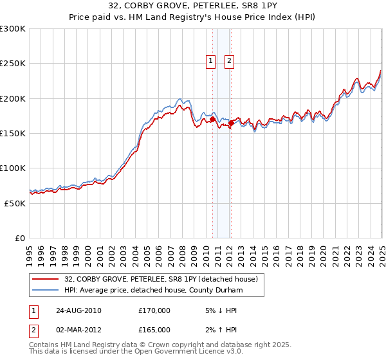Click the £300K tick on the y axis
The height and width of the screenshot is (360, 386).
pyautogui.click(x=13, y=29)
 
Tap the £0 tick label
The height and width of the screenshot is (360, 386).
pyautogui.click(x=21, y=238)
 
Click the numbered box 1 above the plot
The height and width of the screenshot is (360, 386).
pyautogui.click(x=210, y=62)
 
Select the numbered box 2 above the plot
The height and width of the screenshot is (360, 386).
pyautogui.click(x=229, y=62)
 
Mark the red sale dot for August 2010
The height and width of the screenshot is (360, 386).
pyautogui.click(x=213, y=120)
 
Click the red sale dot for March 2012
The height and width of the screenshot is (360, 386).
pyautogui.click(x=231, y=123)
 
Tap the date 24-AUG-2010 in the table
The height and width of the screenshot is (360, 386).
pyautogui.click(x=78, y=310)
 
